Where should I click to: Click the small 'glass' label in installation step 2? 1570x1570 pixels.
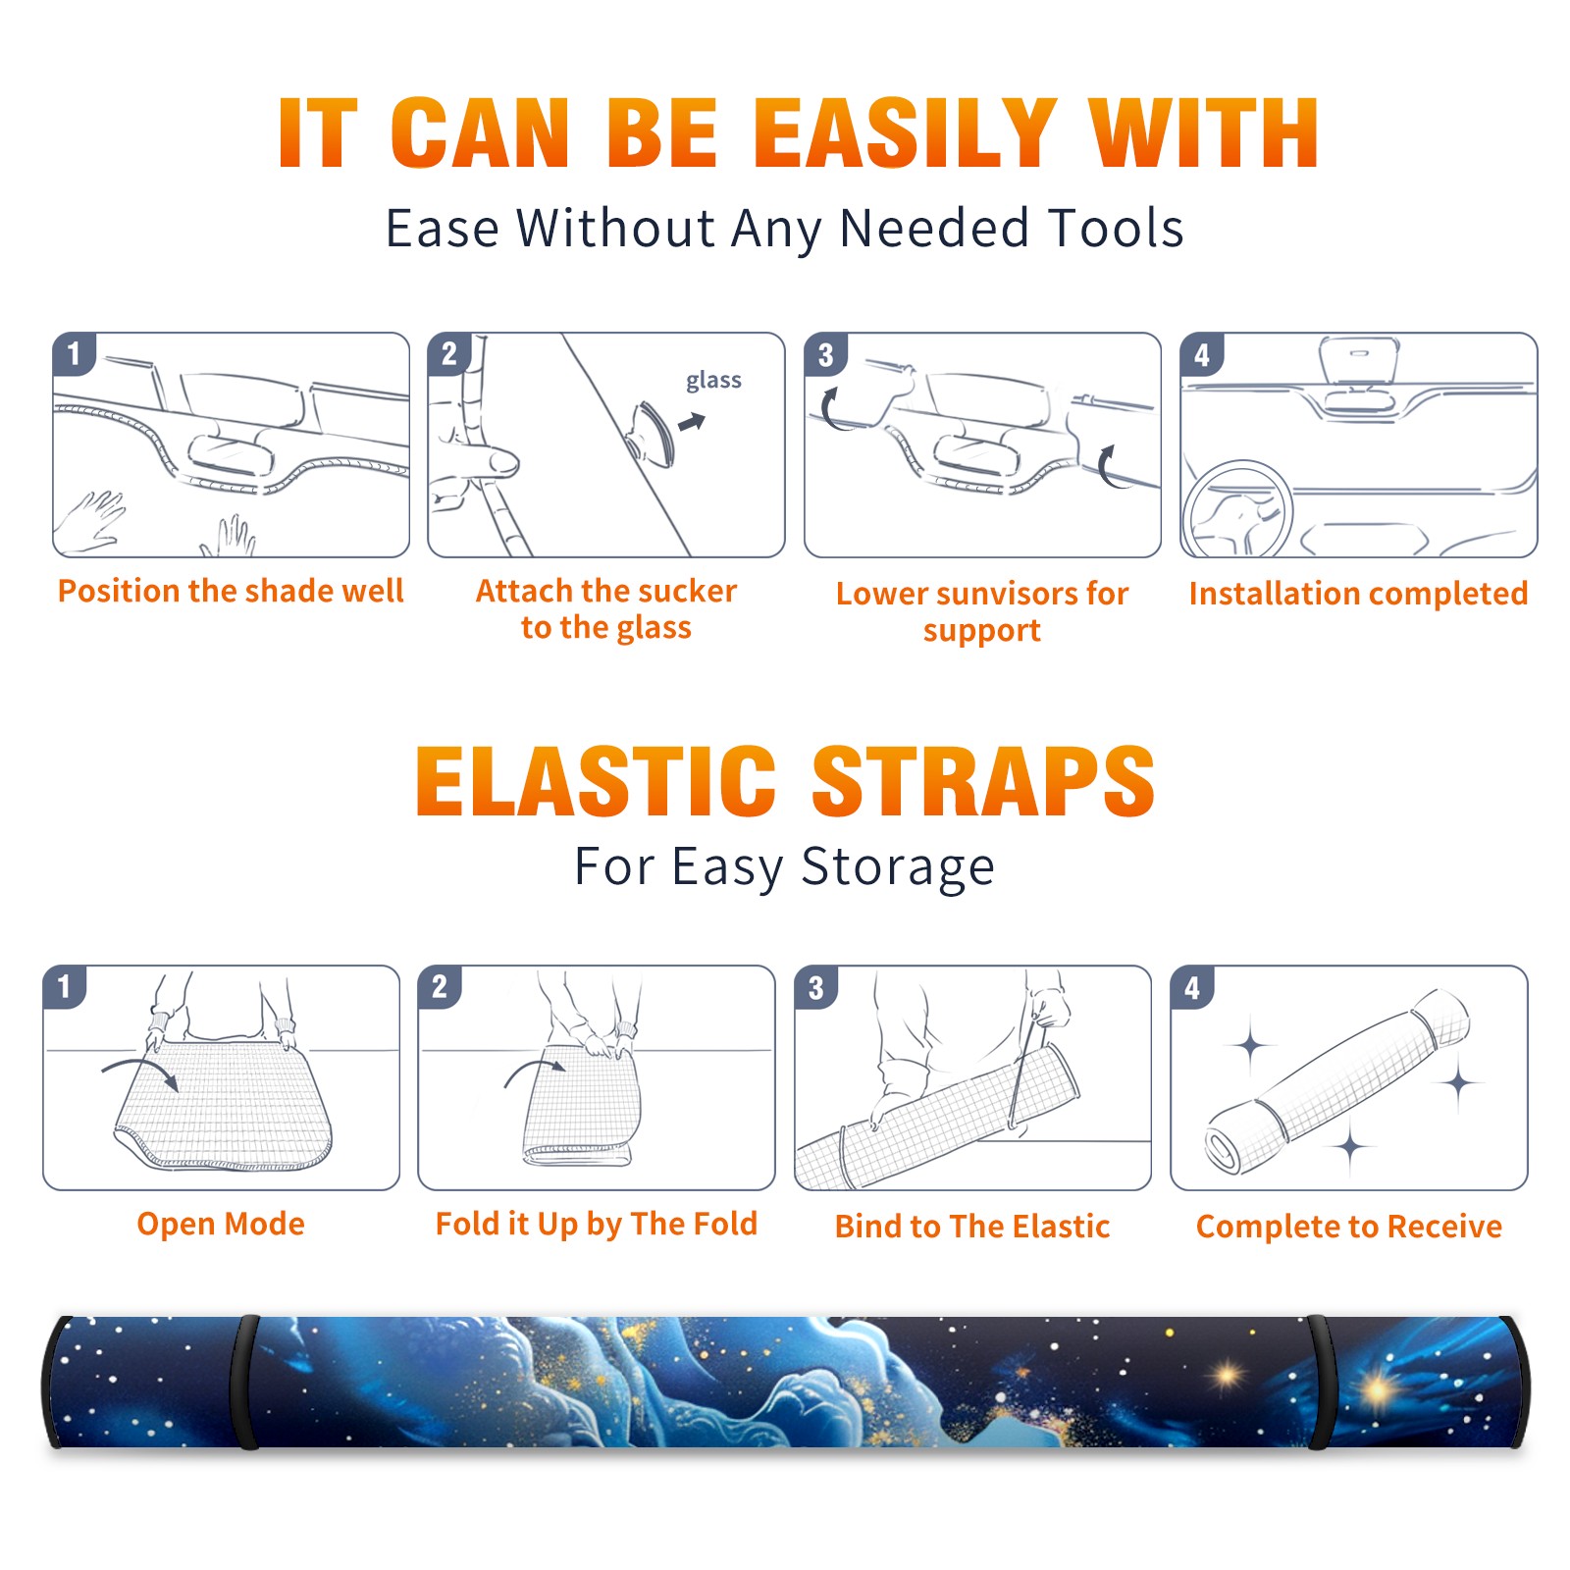coord(713,381)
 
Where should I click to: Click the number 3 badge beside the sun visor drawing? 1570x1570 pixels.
coord(825,354)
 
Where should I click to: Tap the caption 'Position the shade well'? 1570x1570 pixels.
coord(231,591)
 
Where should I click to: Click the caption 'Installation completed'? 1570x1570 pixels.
coord(1358,593)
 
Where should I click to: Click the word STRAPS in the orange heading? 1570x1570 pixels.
coord(983,781)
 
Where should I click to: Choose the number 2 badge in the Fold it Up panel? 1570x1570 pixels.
coord(439,987)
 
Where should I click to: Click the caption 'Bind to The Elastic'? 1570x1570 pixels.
coord(972,1226)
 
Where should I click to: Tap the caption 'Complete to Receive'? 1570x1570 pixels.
coord(1349,1227)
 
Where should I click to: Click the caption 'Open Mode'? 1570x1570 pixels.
coord(221,1224)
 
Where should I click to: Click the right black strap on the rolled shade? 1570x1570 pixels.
coord(1321,1382)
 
